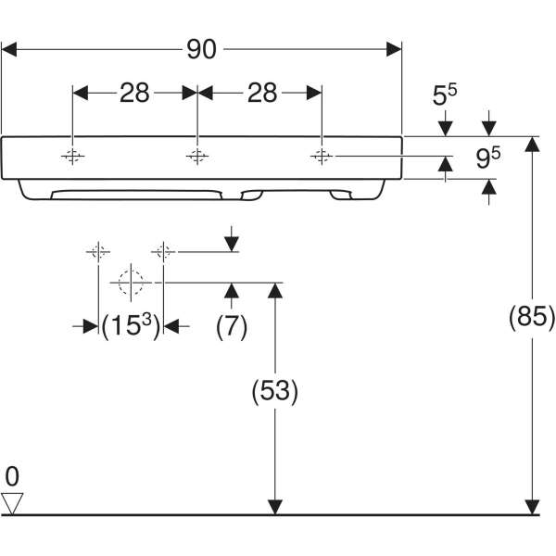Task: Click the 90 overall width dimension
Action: (201, 49)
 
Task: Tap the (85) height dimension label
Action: (531, 318)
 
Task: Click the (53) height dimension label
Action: (274, 391)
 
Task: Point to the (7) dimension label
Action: (231, 325)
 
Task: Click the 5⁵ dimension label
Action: (446, 94)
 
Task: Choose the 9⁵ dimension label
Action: (488, 158)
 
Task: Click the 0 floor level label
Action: (11, 477)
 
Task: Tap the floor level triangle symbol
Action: (12, 503)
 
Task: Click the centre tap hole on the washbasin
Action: (196, 156)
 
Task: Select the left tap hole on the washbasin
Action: (72, 156)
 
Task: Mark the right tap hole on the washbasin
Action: (321, 156)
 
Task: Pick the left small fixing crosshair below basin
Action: (98, 251)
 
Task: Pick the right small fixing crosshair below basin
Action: (163, 251)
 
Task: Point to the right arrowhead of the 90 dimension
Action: (395, 49)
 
